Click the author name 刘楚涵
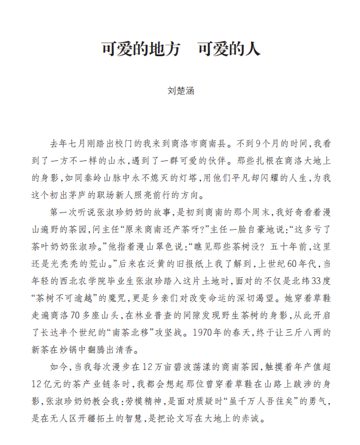[x=180, y=91]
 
